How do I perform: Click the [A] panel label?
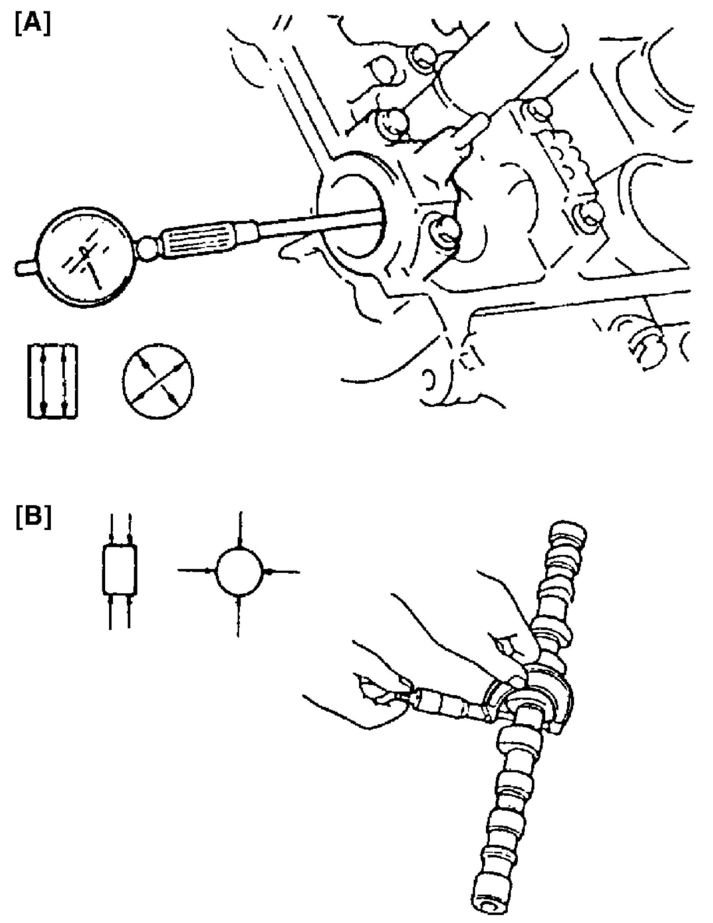[x=33, y=25]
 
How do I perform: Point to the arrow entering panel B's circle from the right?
[x=283, y=572]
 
